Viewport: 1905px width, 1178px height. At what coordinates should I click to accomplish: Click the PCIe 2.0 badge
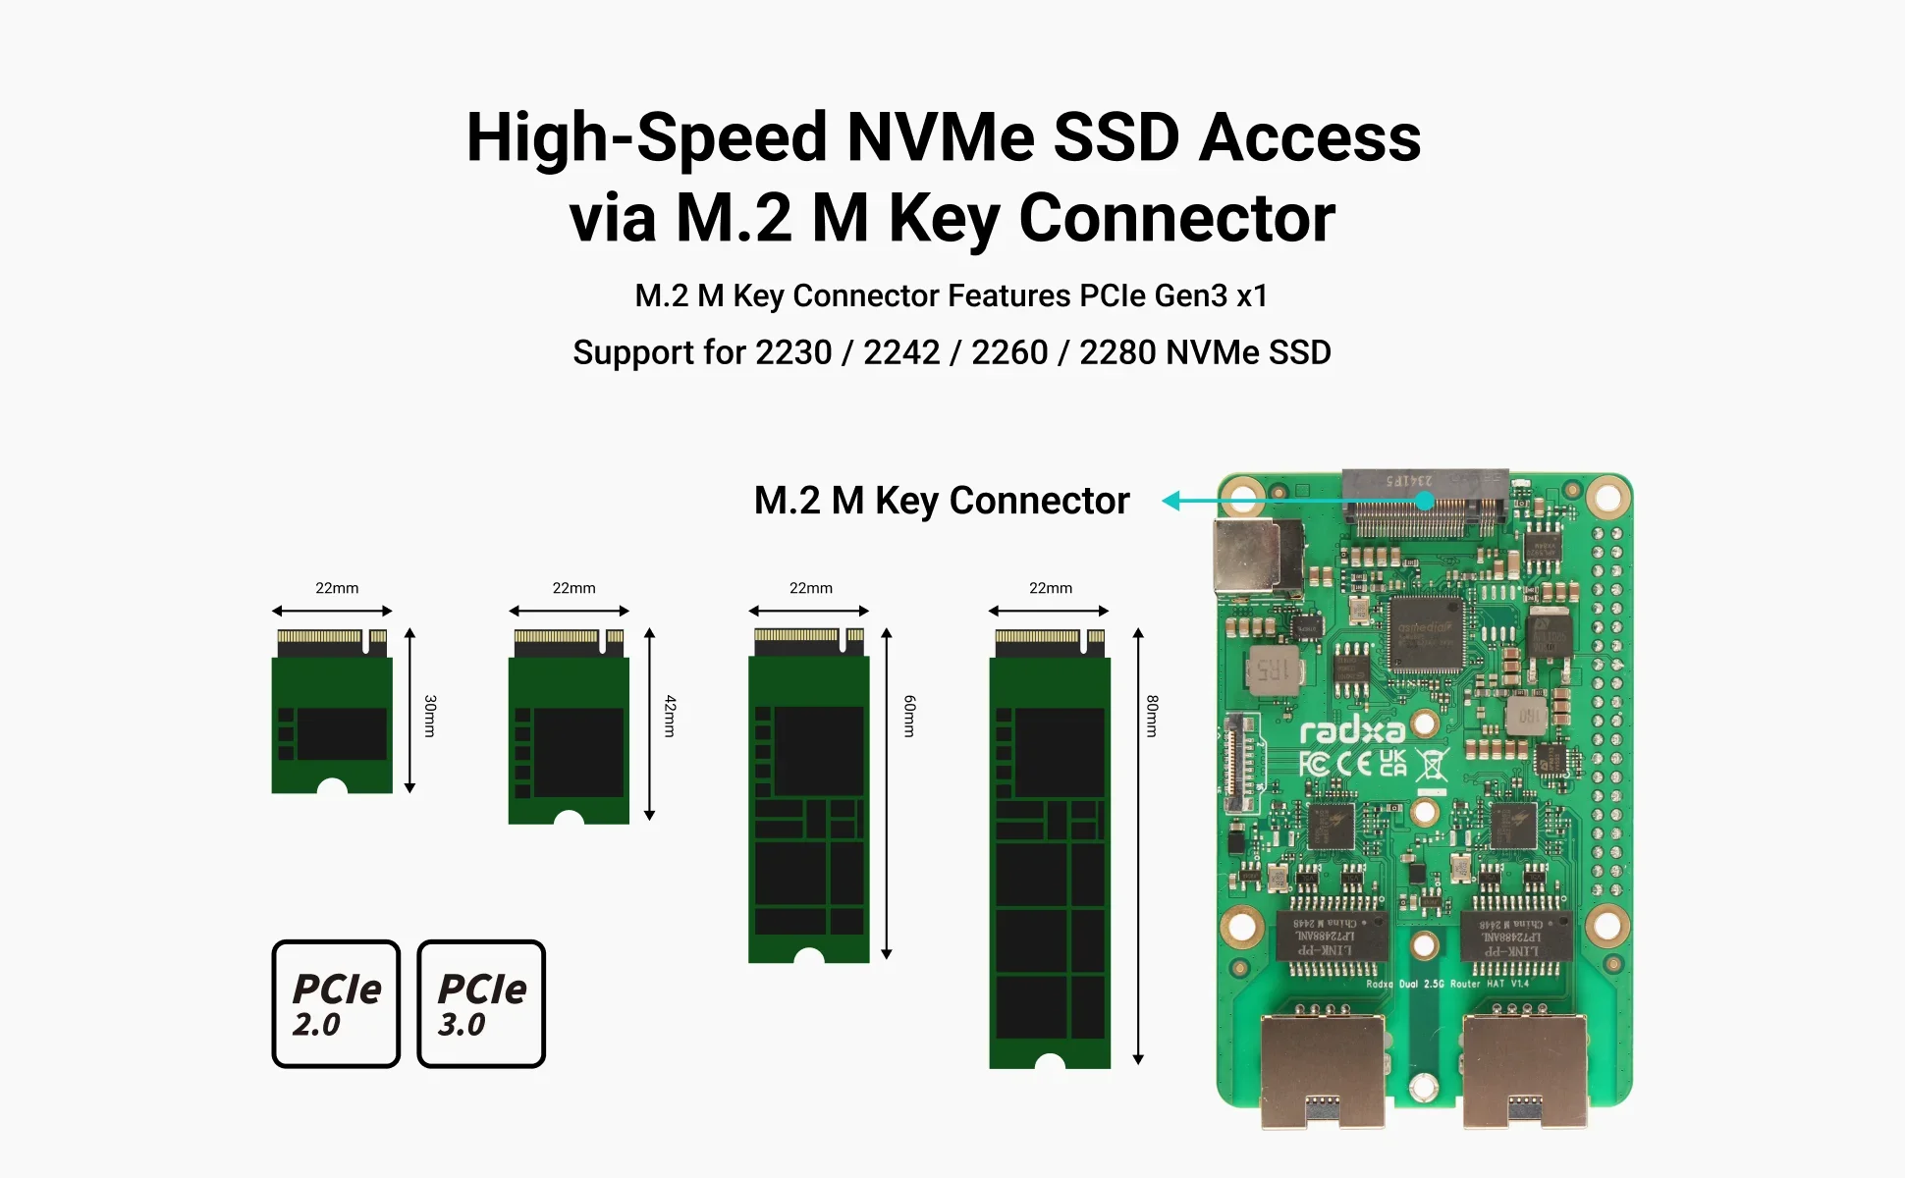336,1003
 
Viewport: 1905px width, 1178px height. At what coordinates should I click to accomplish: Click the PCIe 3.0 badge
481,1003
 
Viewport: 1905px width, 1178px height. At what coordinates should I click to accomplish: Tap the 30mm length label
430,716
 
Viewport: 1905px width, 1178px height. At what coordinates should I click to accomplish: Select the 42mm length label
670,716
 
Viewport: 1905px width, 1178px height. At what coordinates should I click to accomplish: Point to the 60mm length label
909,716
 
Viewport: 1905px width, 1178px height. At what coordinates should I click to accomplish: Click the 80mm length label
1152,716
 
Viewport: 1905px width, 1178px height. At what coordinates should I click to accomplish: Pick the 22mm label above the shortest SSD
337,588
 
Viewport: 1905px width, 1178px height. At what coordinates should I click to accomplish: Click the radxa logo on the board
1351,731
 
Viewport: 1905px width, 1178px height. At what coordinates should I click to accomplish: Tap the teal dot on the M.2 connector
1425,501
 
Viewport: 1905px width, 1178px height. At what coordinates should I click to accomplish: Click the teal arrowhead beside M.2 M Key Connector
1170,501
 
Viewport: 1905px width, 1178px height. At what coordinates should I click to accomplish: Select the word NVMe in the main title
940,137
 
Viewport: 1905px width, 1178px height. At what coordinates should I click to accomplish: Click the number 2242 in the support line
900,352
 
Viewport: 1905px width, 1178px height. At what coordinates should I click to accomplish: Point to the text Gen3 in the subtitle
1190,295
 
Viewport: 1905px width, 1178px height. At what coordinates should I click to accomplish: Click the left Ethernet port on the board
1323,1070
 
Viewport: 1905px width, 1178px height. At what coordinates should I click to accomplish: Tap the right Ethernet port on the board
1525,1070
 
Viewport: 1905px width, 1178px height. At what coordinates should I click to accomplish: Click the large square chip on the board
1427,633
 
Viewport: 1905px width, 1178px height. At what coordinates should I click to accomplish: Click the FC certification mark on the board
1314,764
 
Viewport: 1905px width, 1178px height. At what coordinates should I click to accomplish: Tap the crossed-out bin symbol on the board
1433,765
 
